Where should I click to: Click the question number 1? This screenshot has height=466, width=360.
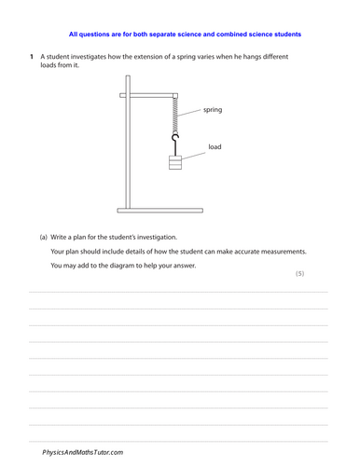click(31, 58)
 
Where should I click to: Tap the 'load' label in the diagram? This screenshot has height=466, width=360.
click(215, 146)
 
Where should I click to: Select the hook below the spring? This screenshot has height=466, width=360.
click(174, 141)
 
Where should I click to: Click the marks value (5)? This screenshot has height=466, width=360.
click(299, 273)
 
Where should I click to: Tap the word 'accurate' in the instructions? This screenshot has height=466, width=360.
click(242, 252)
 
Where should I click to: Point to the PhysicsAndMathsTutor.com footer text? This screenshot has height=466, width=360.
click(82, 452)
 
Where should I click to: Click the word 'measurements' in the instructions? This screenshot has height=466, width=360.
click(283, 252)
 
